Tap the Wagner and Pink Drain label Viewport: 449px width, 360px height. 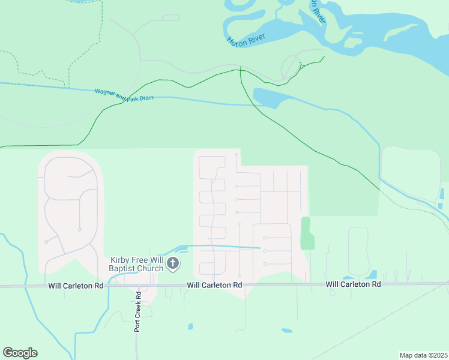click(x=120, y=95)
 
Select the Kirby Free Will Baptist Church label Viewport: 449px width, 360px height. click(x=137, y=264)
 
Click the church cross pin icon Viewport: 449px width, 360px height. click(x=173, y=263)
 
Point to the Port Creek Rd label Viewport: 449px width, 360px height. click(x=137, y=312)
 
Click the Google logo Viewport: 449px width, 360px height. click(x=20, y=353)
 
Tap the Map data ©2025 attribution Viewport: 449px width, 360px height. click(x=423, y=355)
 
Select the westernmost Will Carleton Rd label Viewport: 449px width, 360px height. click(x=76, y=286)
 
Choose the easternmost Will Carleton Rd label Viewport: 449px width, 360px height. click(x=354, y=284)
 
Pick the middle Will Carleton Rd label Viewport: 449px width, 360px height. click(x=214, y=286)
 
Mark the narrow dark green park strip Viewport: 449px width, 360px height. click(x=306, y=233)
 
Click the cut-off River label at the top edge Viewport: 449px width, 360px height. click(x=318, y=12)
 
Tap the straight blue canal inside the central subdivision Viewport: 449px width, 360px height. click(x=222, y=246)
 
